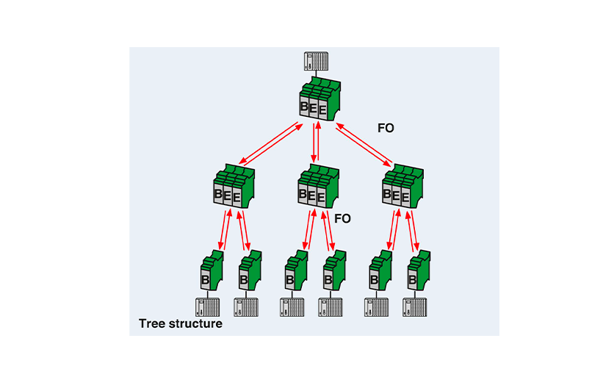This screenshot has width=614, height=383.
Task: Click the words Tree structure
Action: click(181, 323)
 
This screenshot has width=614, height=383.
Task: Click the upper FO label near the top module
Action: click(386, 128)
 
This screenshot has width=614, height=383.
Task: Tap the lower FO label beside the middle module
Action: click(342, 218)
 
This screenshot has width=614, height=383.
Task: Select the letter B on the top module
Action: click(305, 107)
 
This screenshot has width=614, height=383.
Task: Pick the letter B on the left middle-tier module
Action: click(218, 194)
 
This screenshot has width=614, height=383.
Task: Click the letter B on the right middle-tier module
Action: click(387, 194)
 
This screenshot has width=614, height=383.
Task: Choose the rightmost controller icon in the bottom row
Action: click(416, 306)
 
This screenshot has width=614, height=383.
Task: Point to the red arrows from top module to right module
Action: click(364, 144)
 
